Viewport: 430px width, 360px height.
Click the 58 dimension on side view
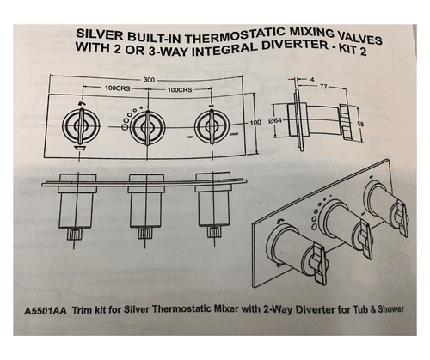click(359, 125)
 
